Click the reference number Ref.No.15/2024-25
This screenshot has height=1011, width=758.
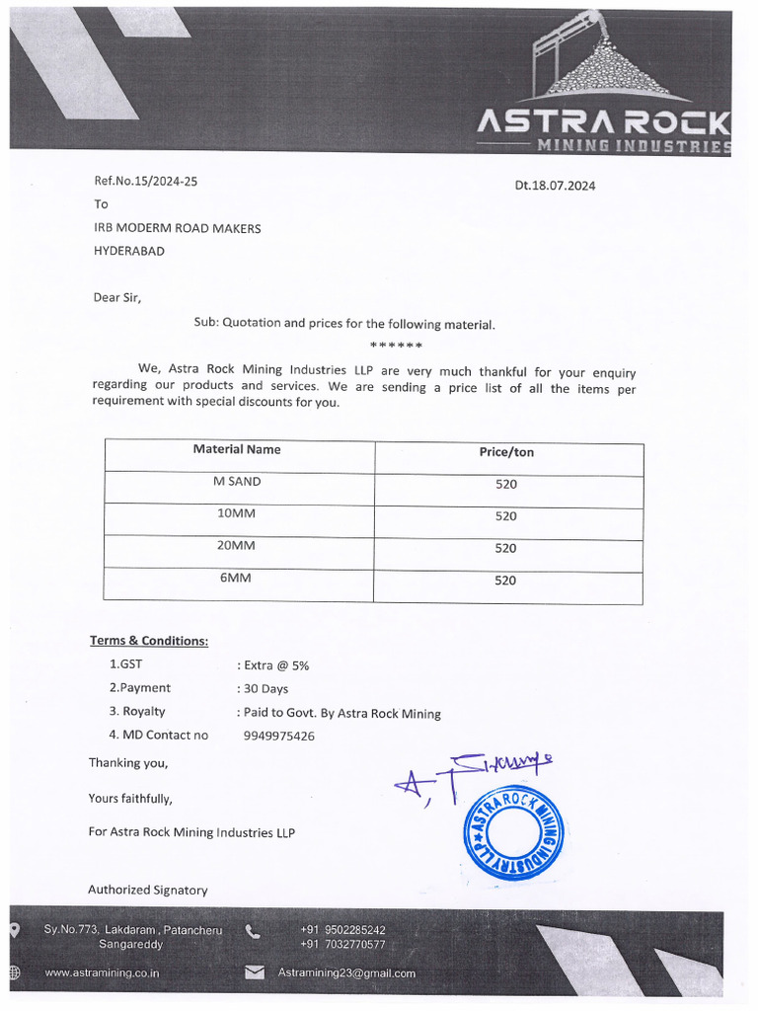coord(138,182)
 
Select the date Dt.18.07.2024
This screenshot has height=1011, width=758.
coord(555,186)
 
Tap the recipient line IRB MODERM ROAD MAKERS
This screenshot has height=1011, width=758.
coord(177,228)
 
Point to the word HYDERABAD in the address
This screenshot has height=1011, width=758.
coord(129,251)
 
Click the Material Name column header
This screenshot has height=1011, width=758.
coord(237,449)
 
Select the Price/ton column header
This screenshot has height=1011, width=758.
coord(506,452)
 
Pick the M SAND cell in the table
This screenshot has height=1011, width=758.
coord(237,482)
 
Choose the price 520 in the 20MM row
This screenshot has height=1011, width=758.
coord(505,548)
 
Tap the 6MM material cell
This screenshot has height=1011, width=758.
coord(236,578)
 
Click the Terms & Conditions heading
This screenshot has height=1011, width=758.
coord(149,641)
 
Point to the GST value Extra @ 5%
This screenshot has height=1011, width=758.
coord(273,665)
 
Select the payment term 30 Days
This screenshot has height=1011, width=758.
coord(263,689)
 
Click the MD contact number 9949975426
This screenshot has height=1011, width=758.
coord(279,736)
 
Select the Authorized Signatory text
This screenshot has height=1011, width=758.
coord(148,890)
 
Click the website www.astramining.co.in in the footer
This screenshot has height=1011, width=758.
coord(103,972)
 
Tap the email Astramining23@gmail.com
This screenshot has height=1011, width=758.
coord(346,972)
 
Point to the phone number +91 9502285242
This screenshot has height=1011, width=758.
coord(342,930)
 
